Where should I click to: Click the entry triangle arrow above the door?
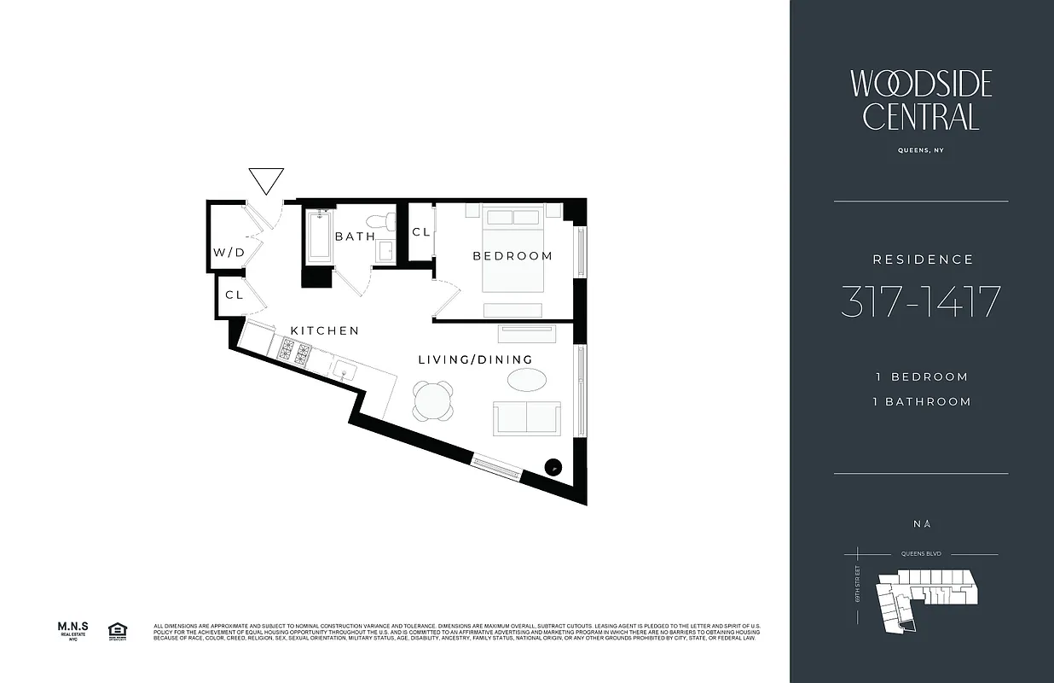[x=265, y=179]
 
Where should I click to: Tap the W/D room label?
[x=229, y=253]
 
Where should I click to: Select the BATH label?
[x=355, y=236]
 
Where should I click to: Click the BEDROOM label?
[x=513, y=256]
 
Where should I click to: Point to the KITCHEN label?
[x=324, y=331]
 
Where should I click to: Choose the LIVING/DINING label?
[x=475, y=360]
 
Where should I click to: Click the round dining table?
[x=433, y=400]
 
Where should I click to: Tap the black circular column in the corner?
[x=553, y=466]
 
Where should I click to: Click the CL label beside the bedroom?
[x=421, y=232]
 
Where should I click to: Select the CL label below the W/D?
[x=235, y=295]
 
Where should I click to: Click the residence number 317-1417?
[x=920, y=302]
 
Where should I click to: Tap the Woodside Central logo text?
[x=921, y=100]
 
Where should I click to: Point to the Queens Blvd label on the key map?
[x=918, y=553]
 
